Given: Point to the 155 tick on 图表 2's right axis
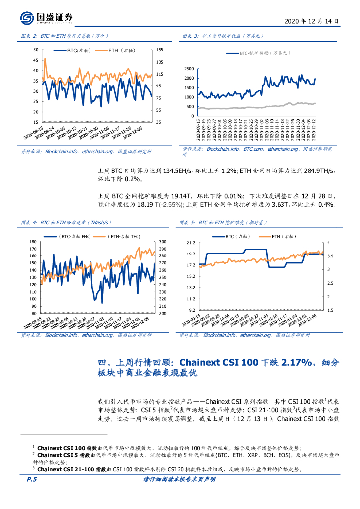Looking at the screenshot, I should pyautogui.click(x=160, y=50).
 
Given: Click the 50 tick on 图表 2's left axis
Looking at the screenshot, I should pyautogui.click(x=35, y=50).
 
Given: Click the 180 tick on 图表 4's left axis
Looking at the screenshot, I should pyautogui.click(x=34, y=242).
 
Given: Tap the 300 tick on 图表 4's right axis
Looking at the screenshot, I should pyautogui.click(x=162, y=242).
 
